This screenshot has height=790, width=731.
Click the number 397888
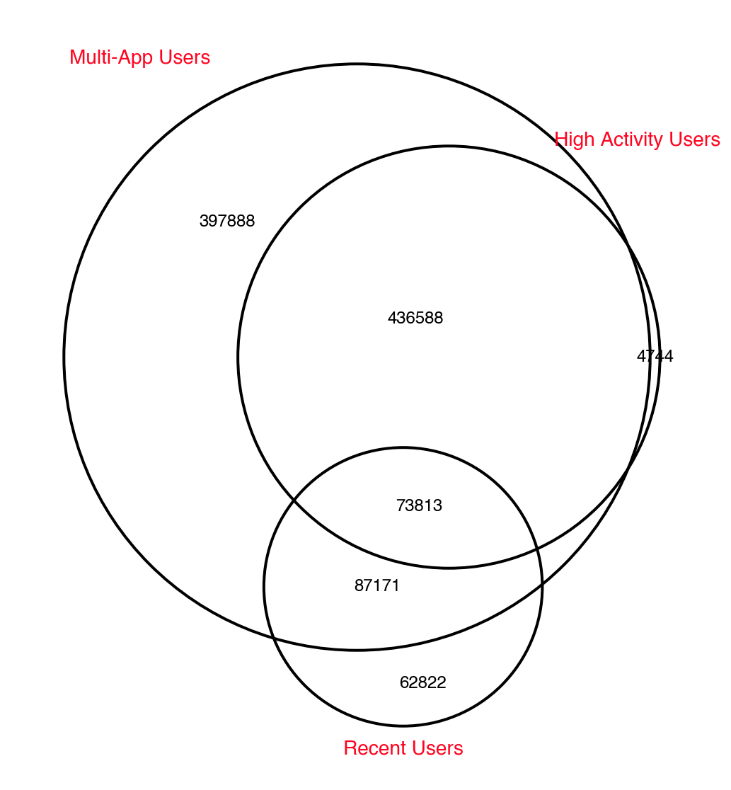coord(227,221)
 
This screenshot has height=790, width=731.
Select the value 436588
coord(415,319)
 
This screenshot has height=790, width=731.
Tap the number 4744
coord(655,357)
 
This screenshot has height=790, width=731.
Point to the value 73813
coord(419,505)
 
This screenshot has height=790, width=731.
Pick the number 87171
coord(377,586)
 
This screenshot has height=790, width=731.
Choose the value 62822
coord(423,682)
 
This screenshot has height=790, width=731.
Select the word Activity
coord(631,139)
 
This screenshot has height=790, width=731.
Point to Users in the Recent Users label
coord(436,748)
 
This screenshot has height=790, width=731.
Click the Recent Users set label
coord(403,748)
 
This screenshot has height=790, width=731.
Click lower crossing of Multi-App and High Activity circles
coord(628,466)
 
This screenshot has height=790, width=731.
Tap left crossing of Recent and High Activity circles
coord(294,500)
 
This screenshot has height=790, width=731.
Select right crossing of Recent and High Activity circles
coord(537,549)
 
